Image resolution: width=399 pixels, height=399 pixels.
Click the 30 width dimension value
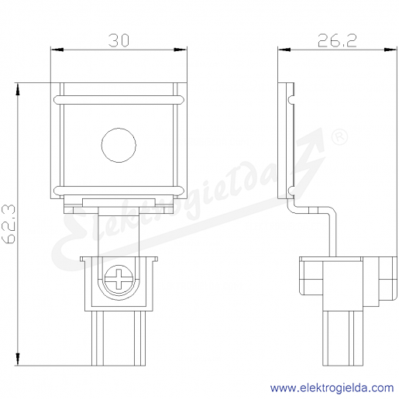tap(119, 41)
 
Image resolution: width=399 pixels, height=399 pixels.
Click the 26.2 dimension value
tap(337, 41)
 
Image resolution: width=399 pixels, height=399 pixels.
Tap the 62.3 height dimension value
tap(9, 224)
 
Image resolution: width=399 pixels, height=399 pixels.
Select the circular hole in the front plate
tap(119, 145)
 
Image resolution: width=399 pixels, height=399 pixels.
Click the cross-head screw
tap(119, 279)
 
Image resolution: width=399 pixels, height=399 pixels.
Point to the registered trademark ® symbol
tap(339, 137)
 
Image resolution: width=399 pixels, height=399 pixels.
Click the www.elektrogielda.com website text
tap(332, 388)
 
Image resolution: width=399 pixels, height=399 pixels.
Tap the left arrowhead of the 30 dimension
tap(57, 50)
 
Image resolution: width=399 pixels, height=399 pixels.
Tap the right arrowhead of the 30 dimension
tap(181, 50)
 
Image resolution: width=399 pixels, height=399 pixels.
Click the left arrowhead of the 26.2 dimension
tap(284, 50)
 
